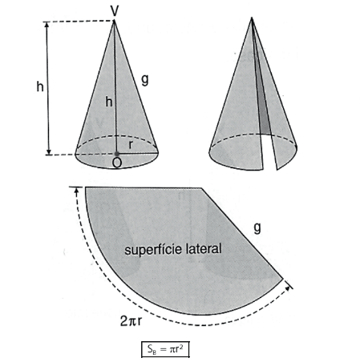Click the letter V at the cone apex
(x=115, y=11)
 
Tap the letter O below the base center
(x=117, y=163)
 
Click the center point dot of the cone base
(x=116, y=154)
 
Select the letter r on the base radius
(x=131, y=145)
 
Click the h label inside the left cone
(x=109, y=102)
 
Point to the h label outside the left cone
(x=40, y=86)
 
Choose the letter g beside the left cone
(x=145, y=79)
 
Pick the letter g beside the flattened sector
(x=257, y=228)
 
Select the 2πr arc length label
(x=131, y=321)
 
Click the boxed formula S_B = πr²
(x=165, y=349)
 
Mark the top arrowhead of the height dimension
(x=47, y=25)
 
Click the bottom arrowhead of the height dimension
(x=49, y=151)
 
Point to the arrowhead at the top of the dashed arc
(x=77, y=191)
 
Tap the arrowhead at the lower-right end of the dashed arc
(x=287, y=288)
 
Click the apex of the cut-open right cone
(x=252, y=18)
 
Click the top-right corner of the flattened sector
(x=201, y=188)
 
